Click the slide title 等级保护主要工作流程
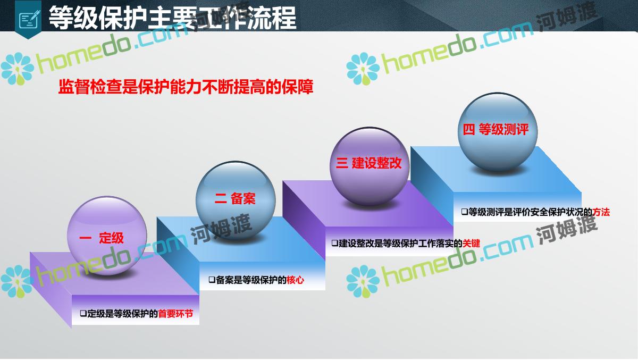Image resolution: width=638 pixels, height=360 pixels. pos(173,18)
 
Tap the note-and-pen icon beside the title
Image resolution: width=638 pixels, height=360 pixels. pos(29,19)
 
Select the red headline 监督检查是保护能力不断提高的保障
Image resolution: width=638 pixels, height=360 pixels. pos(186,87)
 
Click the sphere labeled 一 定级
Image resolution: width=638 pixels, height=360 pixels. pos(107,235)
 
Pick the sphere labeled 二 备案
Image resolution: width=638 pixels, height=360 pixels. pos(236,200)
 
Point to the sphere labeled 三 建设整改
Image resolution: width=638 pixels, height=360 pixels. pos(370,166)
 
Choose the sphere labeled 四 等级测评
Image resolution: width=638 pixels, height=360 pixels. pos(498,132)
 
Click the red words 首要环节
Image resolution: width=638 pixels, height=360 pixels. pos(175,314)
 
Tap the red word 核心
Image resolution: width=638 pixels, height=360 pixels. pos(296,280)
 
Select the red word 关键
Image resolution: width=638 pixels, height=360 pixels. pos(472,243)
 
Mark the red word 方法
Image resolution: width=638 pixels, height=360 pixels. pos(601,212)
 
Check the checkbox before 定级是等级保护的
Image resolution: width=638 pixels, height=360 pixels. pos(83,313)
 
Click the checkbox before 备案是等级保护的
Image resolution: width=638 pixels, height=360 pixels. pos(212,280)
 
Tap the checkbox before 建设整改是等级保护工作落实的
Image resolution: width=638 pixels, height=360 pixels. pos(335,243)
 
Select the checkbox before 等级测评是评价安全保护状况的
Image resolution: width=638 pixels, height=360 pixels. pos(465,212)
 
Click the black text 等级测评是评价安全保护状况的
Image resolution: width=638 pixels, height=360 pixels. pos(531,212)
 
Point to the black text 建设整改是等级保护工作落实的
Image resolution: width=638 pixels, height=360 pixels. pos(400,243)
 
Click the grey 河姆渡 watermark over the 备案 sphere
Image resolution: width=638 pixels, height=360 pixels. pos(221,229)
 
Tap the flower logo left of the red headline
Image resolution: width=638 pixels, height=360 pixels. pos(17,69)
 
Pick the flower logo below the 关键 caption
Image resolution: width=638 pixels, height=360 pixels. pos(363,281)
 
